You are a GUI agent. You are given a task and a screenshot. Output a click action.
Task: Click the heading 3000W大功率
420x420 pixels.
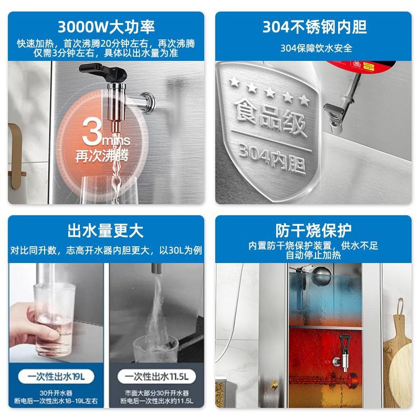click(x=106, y=26)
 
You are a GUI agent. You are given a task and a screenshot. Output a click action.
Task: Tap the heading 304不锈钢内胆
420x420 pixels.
click(x=314, y=26)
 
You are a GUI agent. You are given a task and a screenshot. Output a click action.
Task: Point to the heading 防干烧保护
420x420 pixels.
click(x=314, y=230)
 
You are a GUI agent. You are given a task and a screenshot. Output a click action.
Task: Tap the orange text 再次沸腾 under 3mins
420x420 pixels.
click(x=103, y=156)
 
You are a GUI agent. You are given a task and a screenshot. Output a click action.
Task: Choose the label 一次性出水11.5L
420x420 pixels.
click(x=156, y=376)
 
